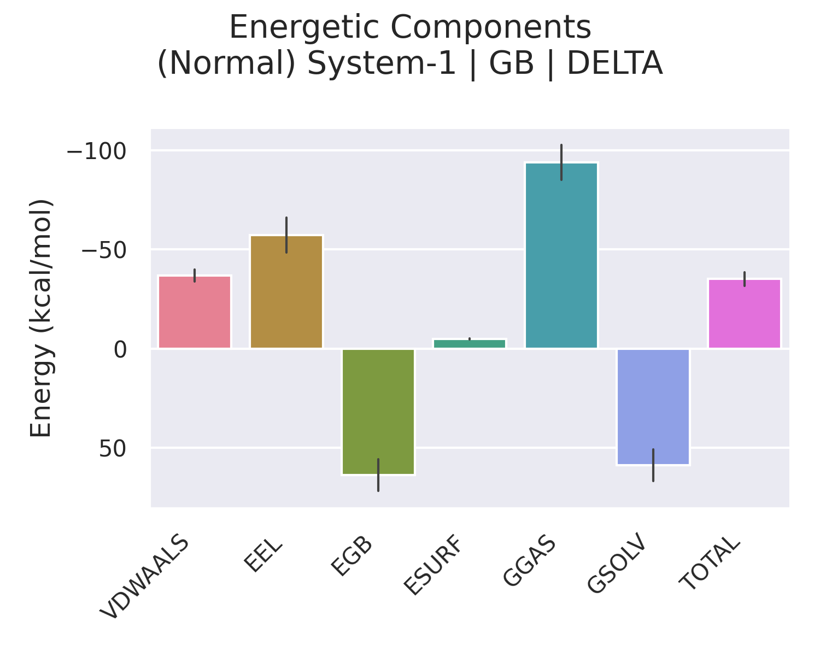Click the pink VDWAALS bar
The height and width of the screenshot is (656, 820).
195,312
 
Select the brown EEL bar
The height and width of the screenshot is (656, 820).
286,292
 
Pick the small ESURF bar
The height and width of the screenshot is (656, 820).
470,343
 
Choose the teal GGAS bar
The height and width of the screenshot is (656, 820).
561,255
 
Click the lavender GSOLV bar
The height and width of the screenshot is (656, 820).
653,406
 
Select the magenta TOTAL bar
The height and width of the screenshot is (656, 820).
745,314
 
